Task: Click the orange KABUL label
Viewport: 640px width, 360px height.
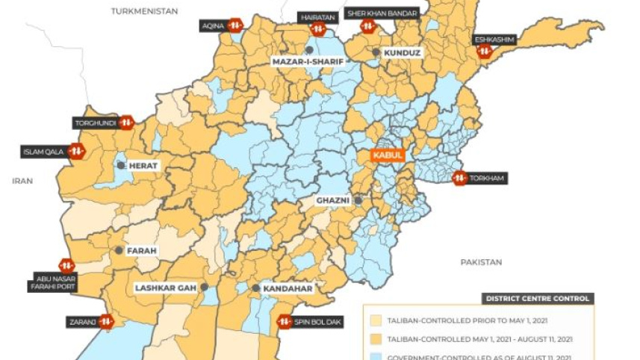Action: pyautogui.click(x=388, y=156)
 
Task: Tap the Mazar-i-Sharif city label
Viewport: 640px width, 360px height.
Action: pyautogui.click(x=306, y=62)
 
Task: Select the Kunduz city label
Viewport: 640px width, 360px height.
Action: pyautogui.click(x=403, y=53)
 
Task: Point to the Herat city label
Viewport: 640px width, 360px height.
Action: pyautogui.click(x=145, y=165)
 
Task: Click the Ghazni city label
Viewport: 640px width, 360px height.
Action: pyautogui.click(x=332, y=201)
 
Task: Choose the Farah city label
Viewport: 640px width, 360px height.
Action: pyautogui.click(x=142, y=251)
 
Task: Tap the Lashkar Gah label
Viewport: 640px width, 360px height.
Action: pyautogui.click(x=166, y=288)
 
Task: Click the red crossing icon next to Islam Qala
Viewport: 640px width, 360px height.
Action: pyautogui.click(x=75, y=152)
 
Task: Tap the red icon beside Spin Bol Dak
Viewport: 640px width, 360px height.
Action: pyautogui.click(x=285, y=322)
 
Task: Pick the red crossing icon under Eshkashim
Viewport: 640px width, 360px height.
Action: pyautogui.click(x=485, y=52)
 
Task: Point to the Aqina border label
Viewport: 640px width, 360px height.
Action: pyautogui.click(x=213, y=25)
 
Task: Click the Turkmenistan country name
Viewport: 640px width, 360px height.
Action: pyautogui.click(x=145, y=11)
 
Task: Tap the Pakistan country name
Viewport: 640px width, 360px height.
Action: pyautogui.click(x=481, y=262)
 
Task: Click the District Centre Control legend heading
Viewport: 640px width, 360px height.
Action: pyautogui.click(x=538, y=299)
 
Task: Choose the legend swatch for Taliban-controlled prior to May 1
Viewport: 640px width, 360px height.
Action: pyautogui.click(x=378, y=321)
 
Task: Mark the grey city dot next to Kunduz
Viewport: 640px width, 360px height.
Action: pyautogui.click(x=376, y=53)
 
